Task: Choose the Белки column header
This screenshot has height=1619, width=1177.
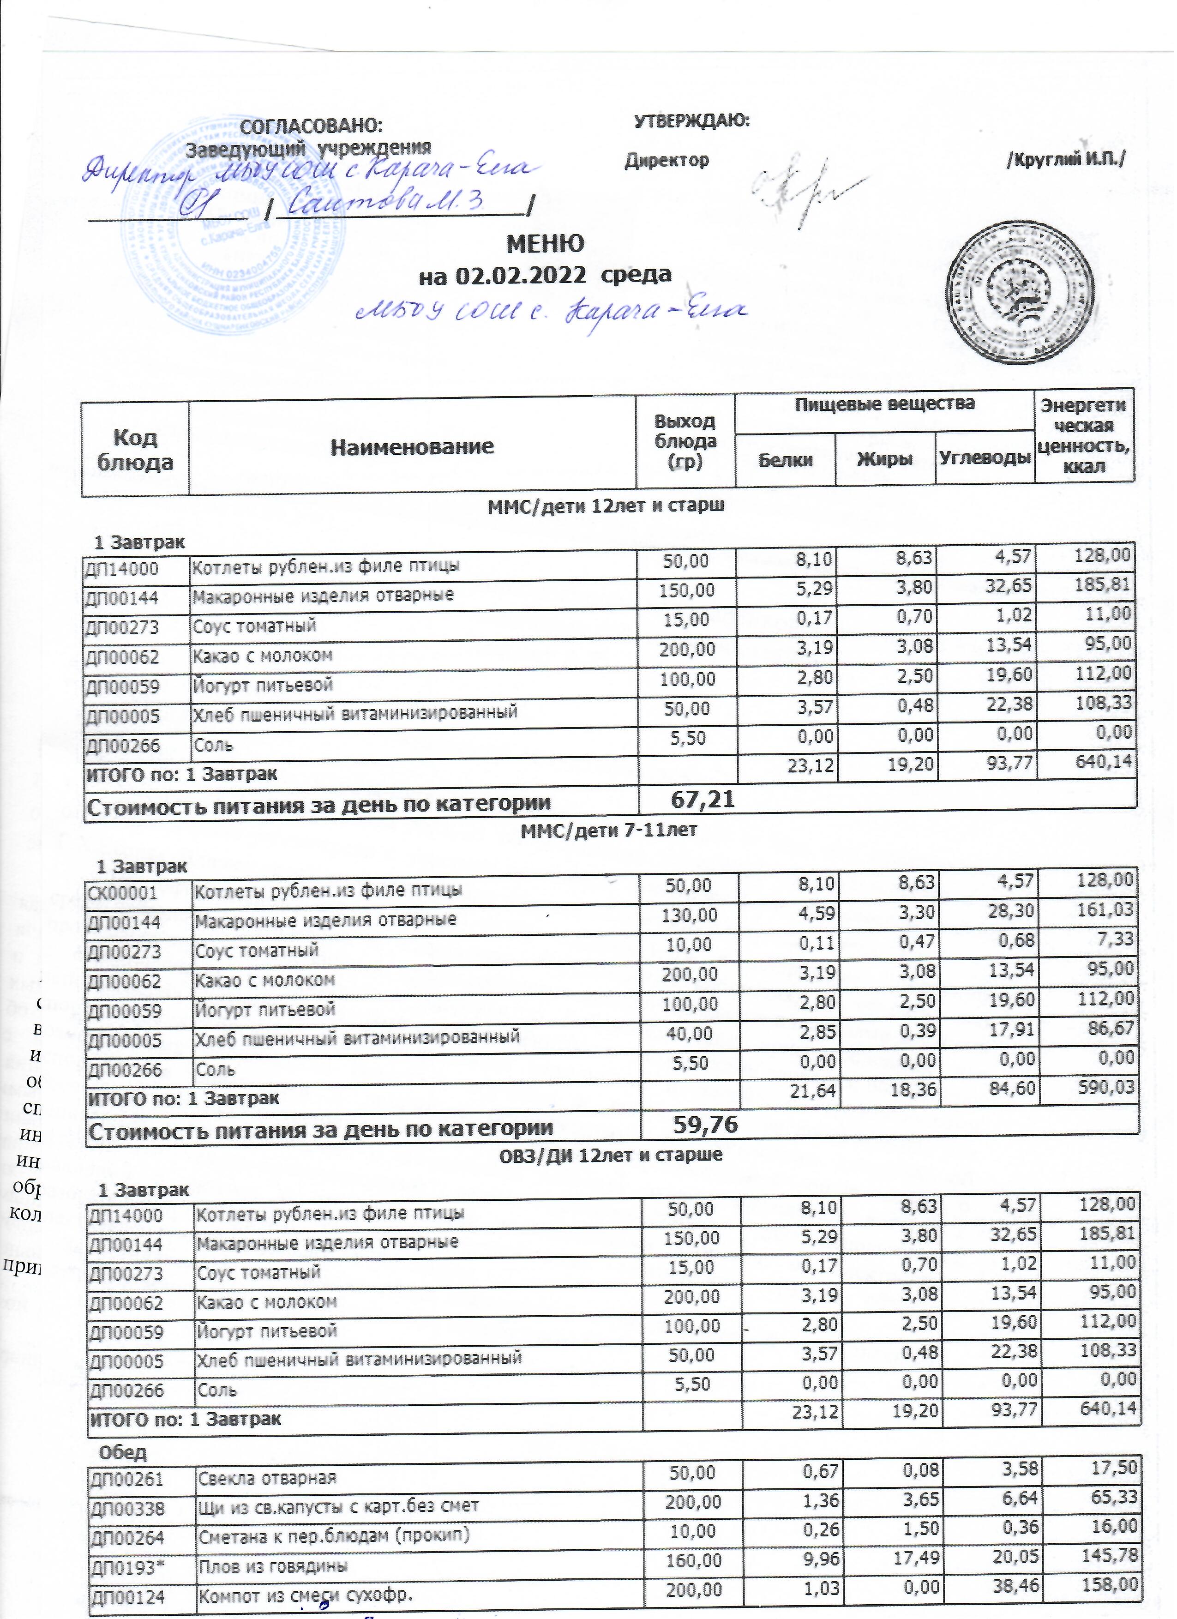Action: pos(785,460)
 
